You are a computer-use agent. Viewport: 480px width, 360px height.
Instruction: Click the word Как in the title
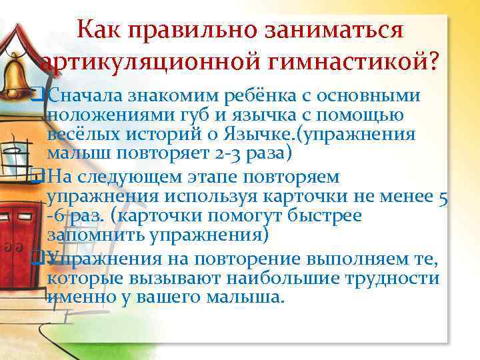coord(99,31)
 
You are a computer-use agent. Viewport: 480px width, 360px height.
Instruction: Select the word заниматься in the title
coord(339,31)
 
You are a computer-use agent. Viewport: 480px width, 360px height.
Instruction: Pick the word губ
coord(177,115)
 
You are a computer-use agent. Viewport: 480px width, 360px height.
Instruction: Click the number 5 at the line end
coord(443,197)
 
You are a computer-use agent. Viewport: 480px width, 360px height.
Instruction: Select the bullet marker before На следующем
coord(43,177)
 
